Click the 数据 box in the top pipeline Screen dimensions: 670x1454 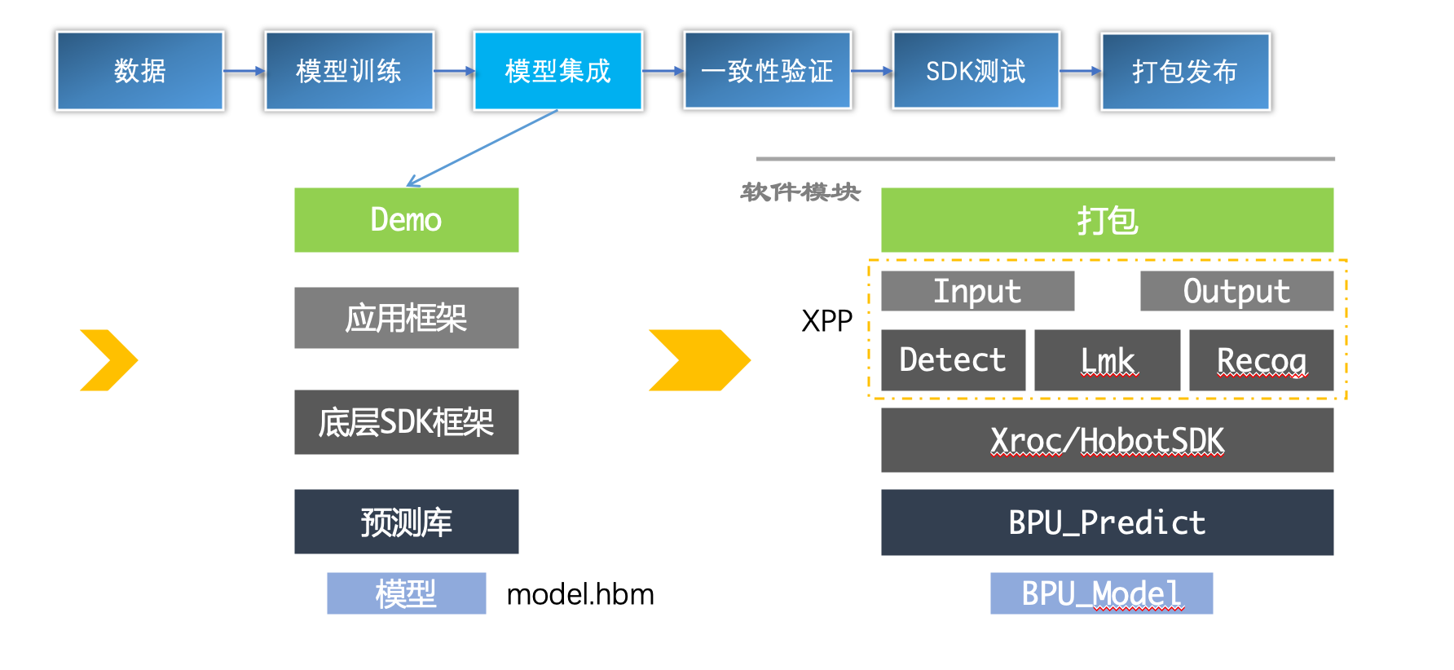pos(140,71)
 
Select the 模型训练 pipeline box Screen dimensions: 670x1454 pos(349,71)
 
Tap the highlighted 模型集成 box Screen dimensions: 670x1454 pos(558,71)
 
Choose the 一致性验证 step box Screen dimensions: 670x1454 pos(767,71)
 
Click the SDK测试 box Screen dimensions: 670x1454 pos(976,71)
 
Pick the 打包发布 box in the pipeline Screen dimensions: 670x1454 pos(1185,71)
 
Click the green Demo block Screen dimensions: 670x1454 pos(406,220)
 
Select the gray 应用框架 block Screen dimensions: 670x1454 pos(406,318)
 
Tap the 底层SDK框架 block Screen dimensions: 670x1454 pos(406,422)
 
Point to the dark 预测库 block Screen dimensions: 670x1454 pos(406,522)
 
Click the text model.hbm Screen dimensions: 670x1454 pos(580,594)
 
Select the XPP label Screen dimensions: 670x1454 pos(826,321)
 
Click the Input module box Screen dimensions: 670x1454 pos(977,291)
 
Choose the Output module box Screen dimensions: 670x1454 pos(1236,291)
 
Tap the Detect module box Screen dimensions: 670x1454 pos(953,360)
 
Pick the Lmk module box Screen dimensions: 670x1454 pos(1107,360)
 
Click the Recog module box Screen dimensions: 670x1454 pos(1261,360)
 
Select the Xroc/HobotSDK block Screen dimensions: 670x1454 pos(1107,440)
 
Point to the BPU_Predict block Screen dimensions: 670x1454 pos(1107,522)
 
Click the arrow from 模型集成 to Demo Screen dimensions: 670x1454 pos(482,148)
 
